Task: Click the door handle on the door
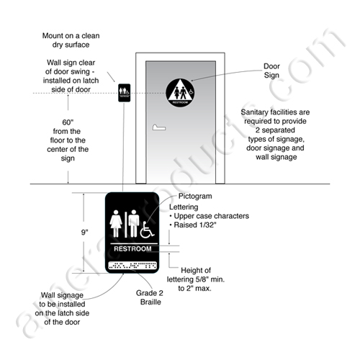tap(159, 127)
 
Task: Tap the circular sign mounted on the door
tap(180, 93)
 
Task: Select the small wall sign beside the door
tap(125, 93)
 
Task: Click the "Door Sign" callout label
tap(271, 71)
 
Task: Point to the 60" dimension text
tap(68, 122)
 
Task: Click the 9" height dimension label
tap(84, 233)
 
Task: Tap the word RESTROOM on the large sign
tap(132, 248)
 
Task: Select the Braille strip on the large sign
tap(132, 266)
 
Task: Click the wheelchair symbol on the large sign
tap(147, 230)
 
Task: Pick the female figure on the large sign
tap(116, 223)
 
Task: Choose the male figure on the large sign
tap(134, 223)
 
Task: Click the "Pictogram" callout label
tap(195, 196)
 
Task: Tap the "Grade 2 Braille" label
tap(150, 297)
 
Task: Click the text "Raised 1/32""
tap(193, 225)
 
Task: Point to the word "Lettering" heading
tap(184, 207)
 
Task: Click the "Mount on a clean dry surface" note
tap(71, 40)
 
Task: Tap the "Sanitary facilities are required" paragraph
tap(275, 135)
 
